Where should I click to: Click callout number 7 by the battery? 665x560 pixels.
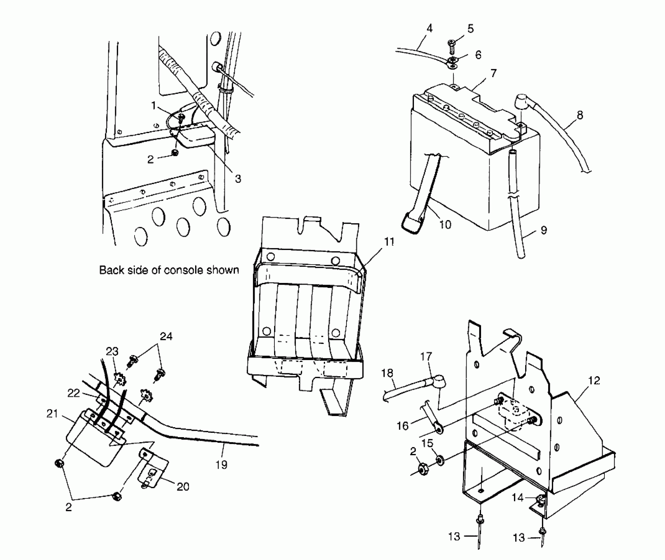493,73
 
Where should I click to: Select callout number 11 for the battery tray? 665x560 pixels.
389,242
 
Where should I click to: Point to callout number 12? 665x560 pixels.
594,381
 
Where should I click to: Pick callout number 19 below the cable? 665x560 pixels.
221,465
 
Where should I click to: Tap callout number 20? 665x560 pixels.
183,487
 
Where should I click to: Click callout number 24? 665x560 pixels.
166,336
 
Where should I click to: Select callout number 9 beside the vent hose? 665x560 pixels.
544,230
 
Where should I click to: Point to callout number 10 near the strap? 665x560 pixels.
445,225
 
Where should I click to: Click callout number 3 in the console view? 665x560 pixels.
238,179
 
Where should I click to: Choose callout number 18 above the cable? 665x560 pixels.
387,373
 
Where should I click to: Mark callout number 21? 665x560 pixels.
52,414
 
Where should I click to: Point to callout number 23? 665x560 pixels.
112,351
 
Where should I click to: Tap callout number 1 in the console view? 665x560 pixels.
153,106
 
